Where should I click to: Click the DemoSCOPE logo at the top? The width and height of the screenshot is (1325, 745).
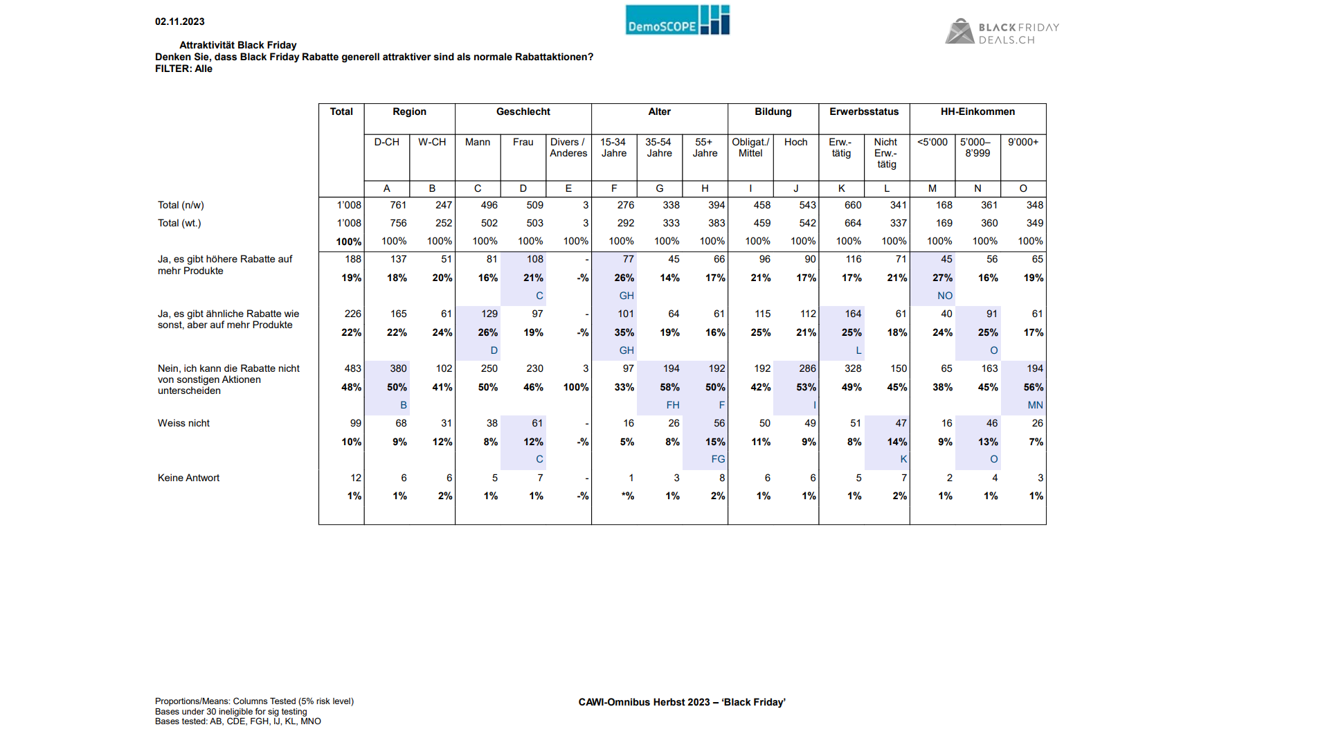[677, 20]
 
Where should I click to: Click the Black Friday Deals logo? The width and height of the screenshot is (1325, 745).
[1002, 32]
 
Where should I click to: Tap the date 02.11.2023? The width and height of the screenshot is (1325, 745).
[180, 22]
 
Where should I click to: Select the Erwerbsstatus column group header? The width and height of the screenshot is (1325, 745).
[864, 112]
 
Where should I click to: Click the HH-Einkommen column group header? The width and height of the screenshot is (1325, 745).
[977, 112]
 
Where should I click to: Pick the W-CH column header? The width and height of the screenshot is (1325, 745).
[432, 143]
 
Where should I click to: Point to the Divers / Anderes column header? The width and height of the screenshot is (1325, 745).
[568, 147]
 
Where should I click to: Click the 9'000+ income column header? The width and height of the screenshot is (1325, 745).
[1023, 143]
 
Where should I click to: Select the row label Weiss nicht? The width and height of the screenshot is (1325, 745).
[183, 424]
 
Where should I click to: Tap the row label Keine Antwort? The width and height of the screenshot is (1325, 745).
[188, 478]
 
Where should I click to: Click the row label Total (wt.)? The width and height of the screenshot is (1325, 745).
[179, 224]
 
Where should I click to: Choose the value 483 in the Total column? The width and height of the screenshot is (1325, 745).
[353, 369]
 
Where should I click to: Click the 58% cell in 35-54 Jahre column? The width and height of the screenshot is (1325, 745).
[669, 388]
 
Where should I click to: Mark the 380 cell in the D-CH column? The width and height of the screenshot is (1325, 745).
[398, 369]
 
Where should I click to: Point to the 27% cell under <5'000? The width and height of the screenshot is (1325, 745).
[942, 278]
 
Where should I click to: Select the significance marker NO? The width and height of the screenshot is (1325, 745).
[945, 296]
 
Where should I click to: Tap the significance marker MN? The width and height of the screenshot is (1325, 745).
[1035, 406]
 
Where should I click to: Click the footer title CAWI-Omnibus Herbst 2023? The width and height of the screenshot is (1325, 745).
[645, 703]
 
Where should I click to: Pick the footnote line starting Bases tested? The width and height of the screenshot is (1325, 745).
[238, 721]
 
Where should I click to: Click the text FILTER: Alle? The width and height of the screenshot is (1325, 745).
[183, 69]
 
